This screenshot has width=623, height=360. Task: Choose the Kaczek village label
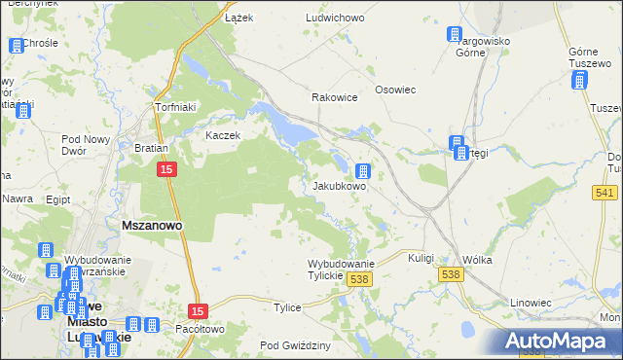(x=222, y=135)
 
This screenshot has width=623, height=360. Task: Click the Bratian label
(x=152, y=149)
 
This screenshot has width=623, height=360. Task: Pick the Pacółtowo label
(x=199, y=329)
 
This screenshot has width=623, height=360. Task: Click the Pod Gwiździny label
(x=296, y=345)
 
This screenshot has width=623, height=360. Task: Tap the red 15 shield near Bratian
(x=167, y=170)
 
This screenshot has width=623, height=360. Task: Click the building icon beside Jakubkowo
(x=363, y=170)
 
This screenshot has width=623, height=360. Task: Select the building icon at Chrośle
(x=17, y=46)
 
